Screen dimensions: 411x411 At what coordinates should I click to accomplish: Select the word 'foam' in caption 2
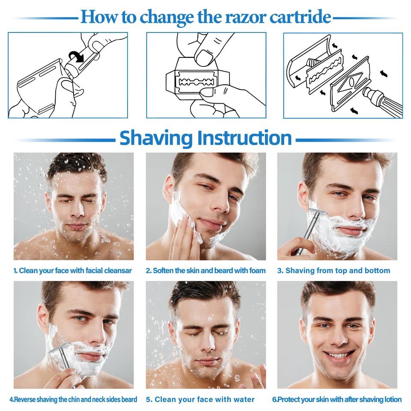(256, 271)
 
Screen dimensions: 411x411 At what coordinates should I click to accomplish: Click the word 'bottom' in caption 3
(377, 271)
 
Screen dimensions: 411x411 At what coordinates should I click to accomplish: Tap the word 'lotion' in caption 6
(392, 399)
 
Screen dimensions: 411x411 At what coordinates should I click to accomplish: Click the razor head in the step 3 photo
(315, 212)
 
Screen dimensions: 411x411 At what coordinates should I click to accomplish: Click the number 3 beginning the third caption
(279, 271)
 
